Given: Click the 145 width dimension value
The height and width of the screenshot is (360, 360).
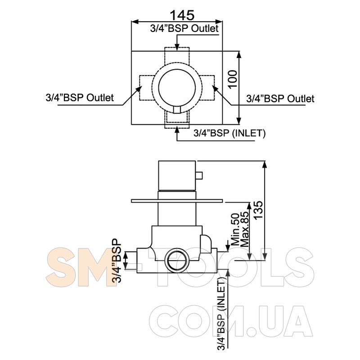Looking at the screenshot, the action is pos(182,15).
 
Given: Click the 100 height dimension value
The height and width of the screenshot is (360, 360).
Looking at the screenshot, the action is pos(233,79).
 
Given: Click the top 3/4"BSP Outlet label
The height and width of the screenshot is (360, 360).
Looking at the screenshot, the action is pos(184,29).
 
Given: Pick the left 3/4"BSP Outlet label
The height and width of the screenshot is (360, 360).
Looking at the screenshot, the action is pos(80,98).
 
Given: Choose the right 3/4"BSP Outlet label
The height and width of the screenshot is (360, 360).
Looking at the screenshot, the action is pos(280,99).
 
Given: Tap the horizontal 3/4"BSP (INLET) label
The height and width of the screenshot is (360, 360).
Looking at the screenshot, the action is pos(229,133).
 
